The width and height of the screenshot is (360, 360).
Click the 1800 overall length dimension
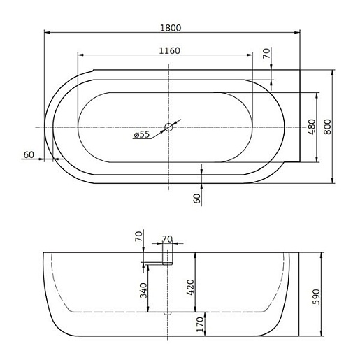[x=171, y=28]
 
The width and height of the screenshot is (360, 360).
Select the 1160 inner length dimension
[x=169, y=50]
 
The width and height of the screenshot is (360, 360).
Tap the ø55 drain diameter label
[x=142, y=134]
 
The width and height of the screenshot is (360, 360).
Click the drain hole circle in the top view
[x=168, y=127]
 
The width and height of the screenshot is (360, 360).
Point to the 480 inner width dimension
[x=312, y=127]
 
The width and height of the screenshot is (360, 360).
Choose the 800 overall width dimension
[x=327, y=127]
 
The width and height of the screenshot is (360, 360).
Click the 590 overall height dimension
[x=316, y=296]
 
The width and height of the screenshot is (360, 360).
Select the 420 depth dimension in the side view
[x=190, y=287]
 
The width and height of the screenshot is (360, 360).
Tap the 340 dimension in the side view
[x=143, y=291]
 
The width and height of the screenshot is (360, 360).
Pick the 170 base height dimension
[x=200, y=324]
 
